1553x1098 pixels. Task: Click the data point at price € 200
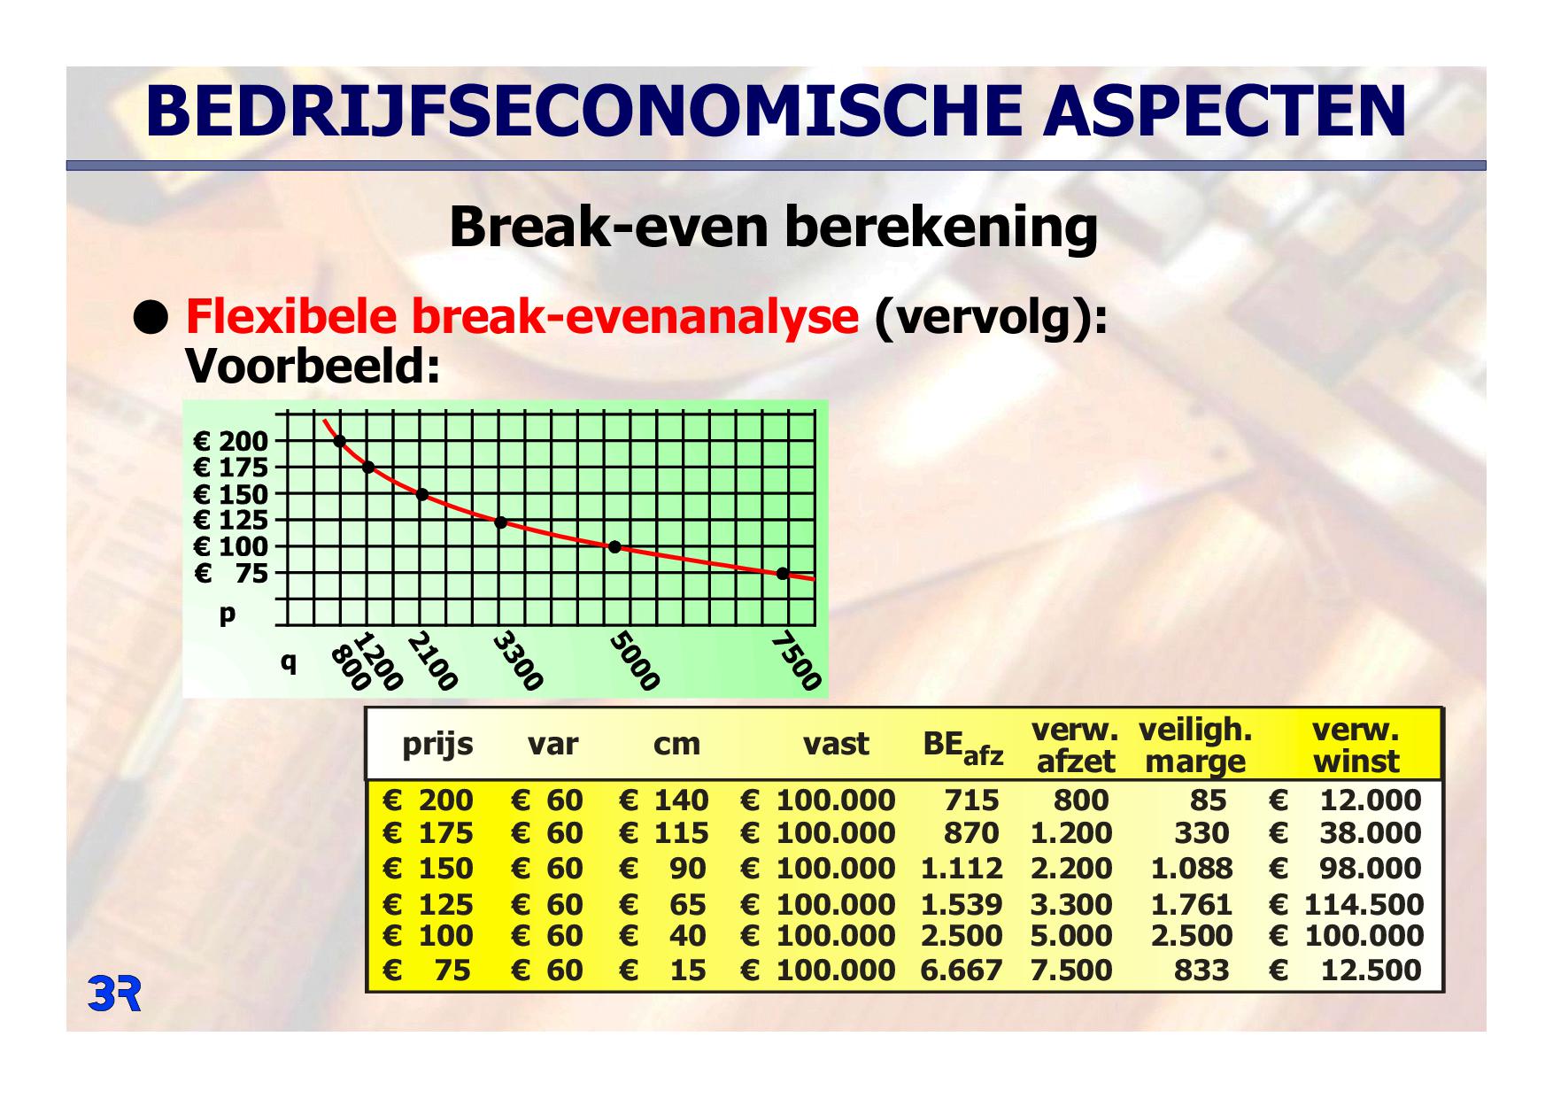(339, 441)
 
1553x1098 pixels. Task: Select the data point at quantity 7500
(783, 574)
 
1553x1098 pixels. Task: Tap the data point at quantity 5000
(614, 547)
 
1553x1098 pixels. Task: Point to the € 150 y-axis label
(230, 494)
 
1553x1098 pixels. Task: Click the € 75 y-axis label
(230, 574)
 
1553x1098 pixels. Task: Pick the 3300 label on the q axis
(518, 661)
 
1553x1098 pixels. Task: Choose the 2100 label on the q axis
(433, 661)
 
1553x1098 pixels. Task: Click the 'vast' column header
(836, 744)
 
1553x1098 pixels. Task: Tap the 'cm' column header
(676, 745)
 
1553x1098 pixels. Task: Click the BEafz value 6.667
(961, 970)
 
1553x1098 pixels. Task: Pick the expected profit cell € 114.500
(1346, 904)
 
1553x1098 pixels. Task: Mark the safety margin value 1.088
(1191, 869)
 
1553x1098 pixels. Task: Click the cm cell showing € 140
(664, 800)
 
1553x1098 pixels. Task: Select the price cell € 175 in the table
(428, 833)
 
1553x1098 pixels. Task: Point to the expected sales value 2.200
(1070, 869)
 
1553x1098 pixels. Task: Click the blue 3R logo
(114, 994)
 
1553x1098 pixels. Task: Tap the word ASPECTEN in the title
(1225, 112)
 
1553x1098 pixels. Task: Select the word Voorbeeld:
(313, 366)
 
